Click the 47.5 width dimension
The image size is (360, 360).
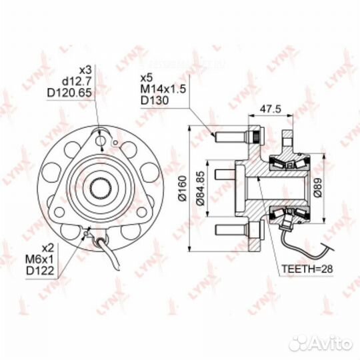[x=270, y=109]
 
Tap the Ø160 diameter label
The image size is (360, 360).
[x=183, y=189]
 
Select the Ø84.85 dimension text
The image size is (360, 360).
[x=200, y=188]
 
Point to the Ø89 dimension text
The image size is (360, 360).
[x=317, y=187]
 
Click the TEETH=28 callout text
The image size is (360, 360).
[x=307, y=269]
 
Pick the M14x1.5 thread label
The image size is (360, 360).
[x=163, y=89]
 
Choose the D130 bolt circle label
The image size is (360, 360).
[x=155, y=100]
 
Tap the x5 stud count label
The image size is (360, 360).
[x=147, y=78]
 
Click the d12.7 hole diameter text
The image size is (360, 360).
[x=77, y=81]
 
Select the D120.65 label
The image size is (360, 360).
[x=69, y=93]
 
